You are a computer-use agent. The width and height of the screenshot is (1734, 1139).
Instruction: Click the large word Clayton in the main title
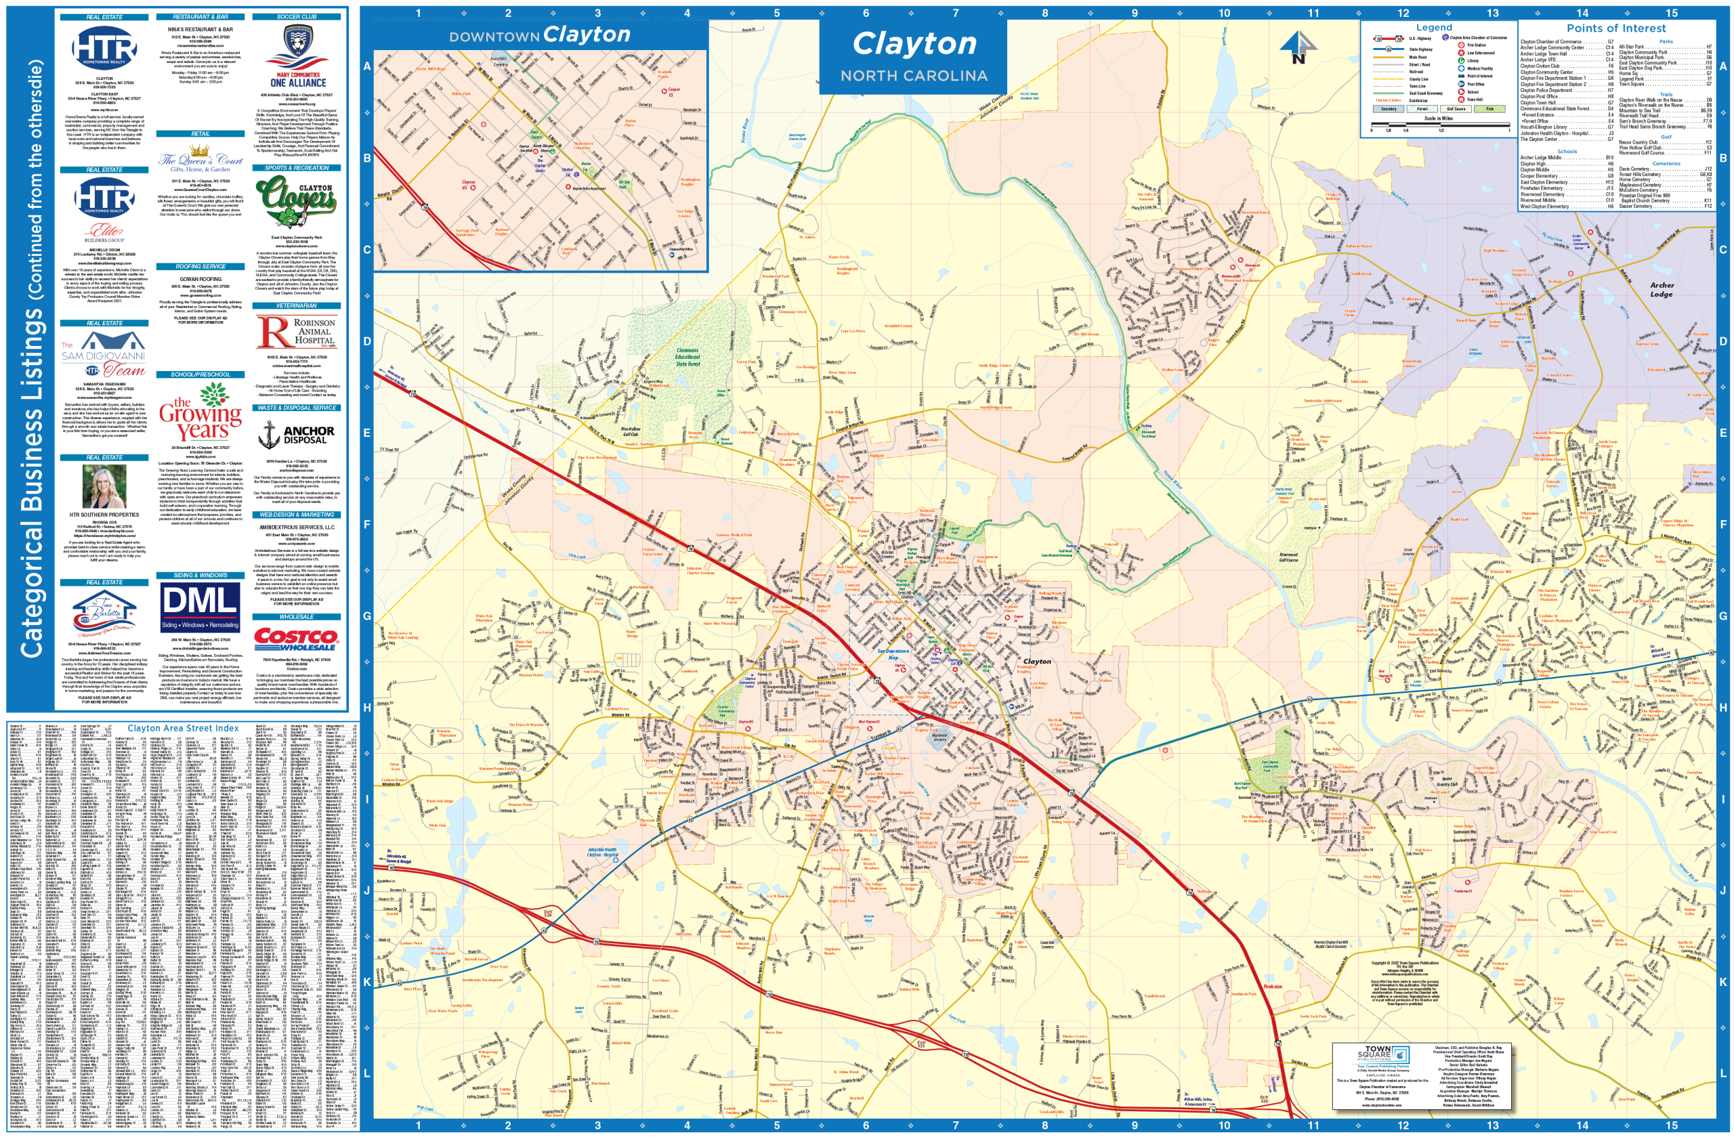click(914, 44)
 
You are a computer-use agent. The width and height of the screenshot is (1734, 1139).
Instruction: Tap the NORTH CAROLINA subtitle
click(914, 76)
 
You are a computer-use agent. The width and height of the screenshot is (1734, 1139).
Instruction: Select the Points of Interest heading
click(1616, 28)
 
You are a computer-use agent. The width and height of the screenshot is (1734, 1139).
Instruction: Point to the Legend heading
click(1434, 28)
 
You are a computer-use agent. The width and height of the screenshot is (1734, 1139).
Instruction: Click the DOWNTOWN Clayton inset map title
click(539, 35)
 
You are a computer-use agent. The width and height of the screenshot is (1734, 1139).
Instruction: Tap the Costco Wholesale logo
click(296, 639)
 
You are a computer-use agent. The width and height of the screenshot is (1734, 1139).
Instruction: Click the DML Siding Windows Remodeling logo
click(200, 606)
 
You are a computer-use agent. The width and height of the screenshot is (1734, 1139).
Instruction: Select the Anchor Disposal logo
click(297, 435)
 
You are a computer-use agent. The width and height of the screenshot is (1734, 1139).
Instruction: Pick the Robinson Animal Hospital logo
click(297, 332)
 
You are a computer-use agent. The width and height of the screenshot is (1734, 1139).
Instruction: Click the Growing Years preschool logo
click(201, 413)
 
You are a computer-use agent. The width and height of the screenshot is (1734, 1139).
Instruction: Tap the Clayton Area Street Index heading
click(182, 728)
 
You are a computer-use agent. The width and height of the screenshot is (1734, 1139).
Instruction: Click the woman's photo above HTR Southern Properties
click(104, 486)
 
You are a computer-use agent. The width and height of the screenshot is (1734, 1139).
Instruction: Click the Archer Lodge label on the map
click(1661, 290)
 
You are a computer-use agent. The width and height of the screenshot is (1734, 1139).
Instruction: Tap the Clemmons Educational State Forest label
click(687, 357)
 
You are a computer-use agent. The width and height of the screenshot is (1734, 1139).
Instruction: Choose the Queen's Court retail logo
click(200, 162)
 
